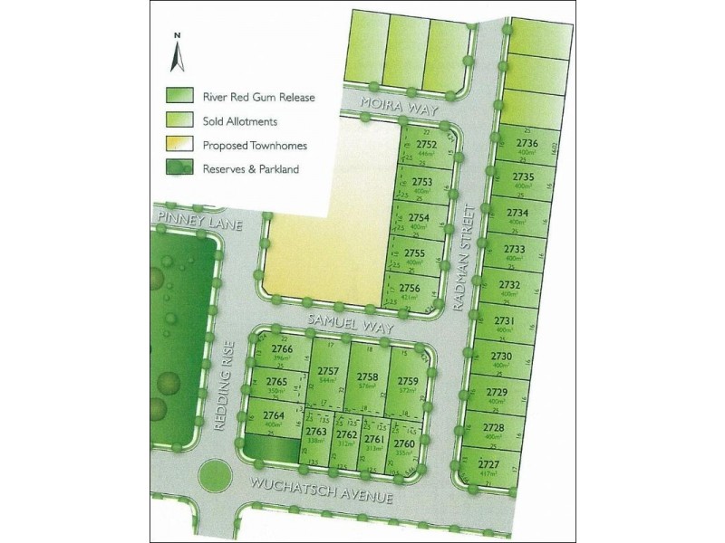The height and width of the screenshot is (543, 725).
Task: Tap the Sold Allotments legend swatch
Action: click(x=179, y=119)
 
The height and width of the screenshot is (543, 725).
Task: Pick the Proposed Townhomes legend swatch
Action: click(x=179, y=144)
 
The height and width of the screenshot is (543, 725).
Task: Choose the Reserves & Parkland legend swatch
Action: click(x=179, y=168)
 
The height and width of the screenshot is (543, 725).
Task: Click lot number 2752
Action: click(x=426, y=145)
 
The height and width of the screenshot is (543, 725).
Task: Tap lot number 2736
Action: click(x=527, y=143)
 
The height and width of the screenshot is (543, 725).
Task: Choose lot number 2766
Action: click(x=282, y=349)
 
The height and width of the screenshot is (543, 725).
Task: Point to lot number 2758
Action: click(x=367, y=376)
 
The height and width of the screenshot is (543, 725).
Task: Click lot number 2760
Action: click(x=404, y=444)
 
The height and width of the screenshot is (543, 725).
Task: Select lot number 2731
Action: click(x=505, y=320)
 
